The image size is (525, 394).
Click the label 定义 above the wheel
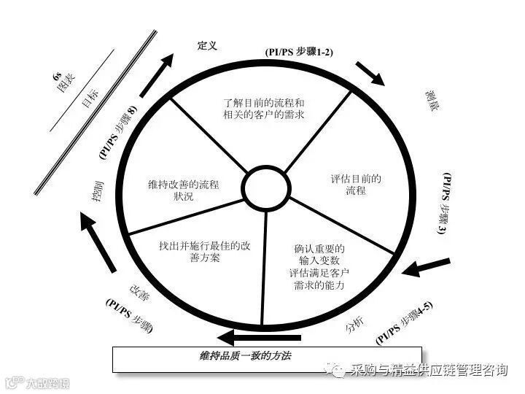(208, 46)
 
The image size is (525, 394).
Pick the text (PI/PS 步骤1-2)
(298, 53)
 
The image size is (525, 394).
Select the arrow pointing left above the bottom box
(260, 338)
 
